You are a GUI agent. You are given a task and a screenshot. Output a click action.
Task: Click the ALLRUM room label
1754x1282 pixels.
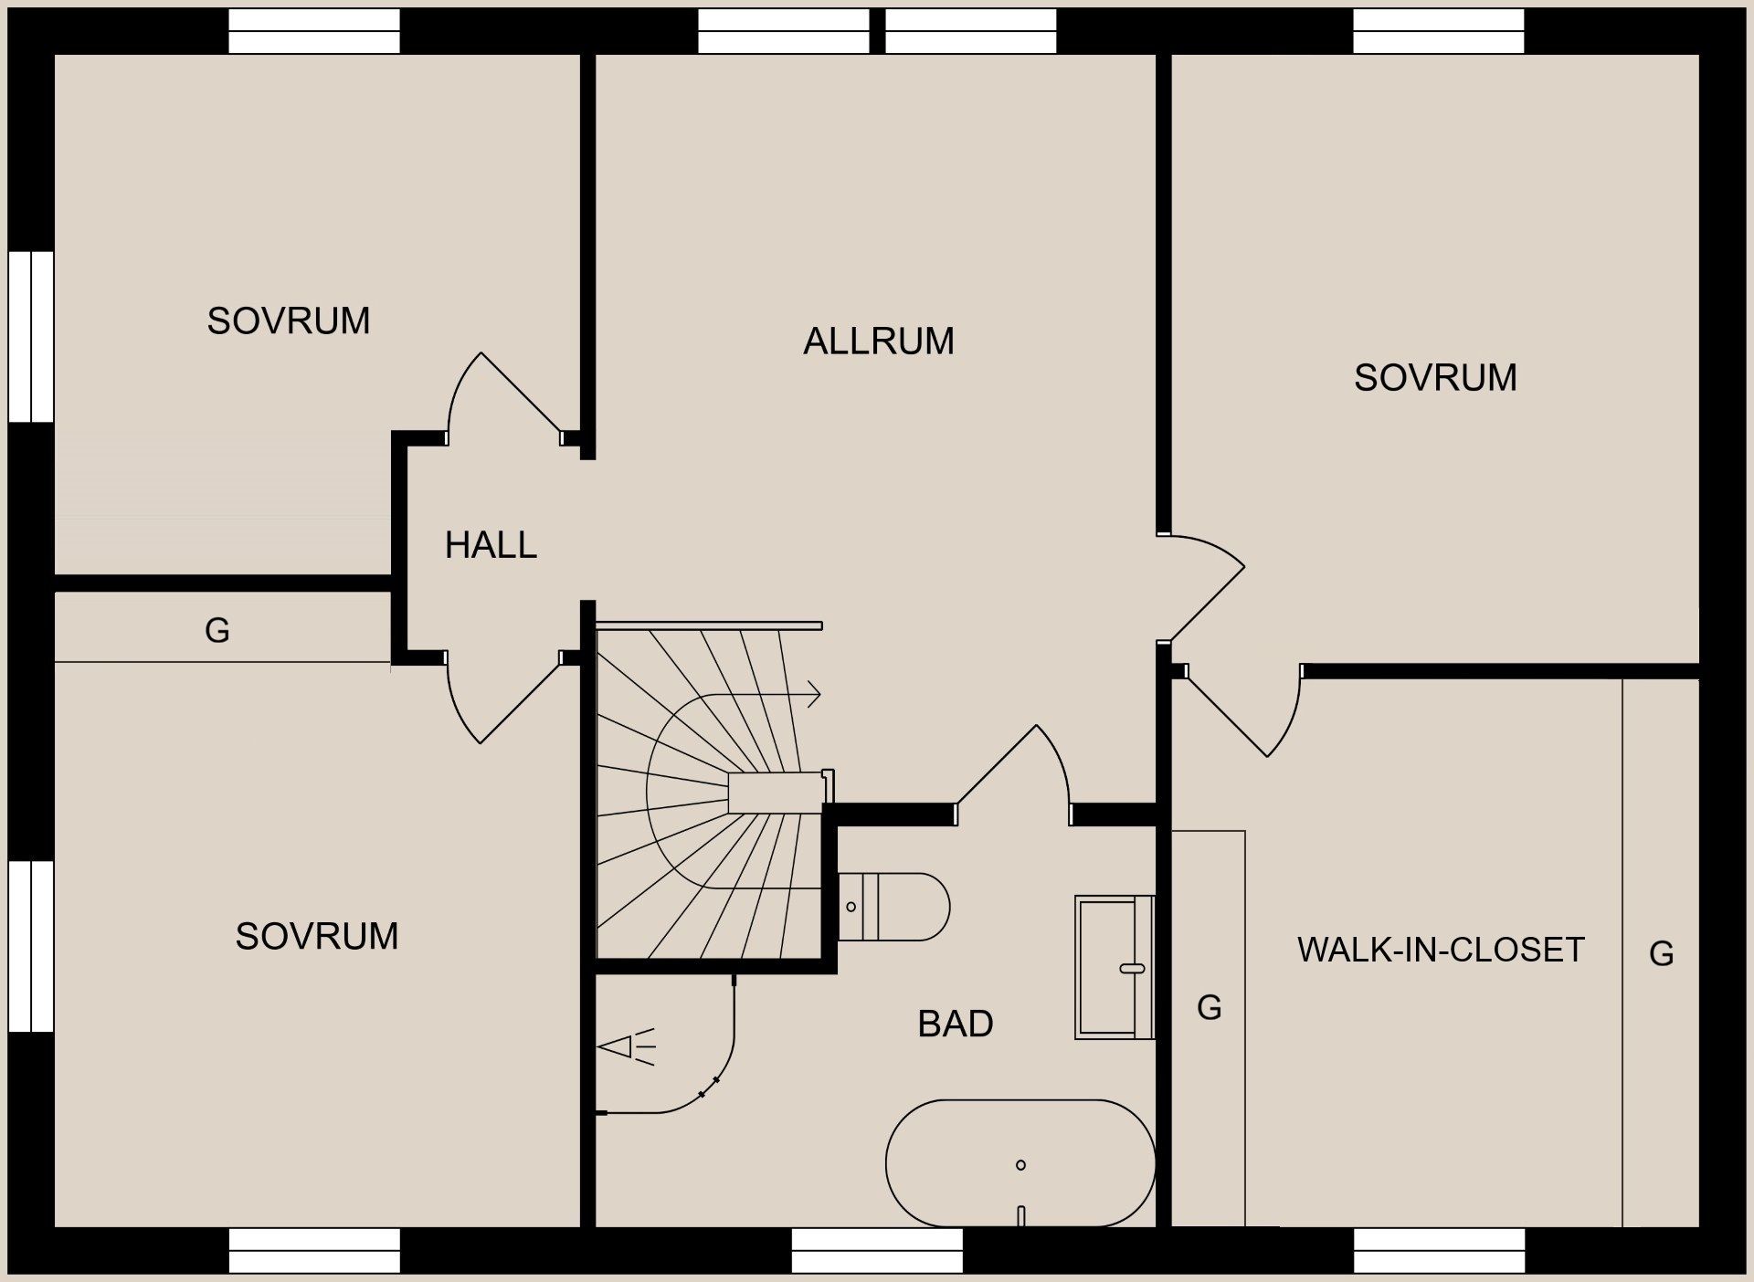pyautogui.click(x=879, y=342)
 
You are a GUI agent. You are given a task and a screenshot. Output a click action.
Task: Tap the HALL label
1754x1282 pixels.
pyautogui.click(x=491, y=545)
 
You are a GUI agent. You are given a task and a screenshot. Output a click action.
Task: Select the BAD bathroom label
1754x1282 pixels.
pyautogui.click(x=956, y=1024)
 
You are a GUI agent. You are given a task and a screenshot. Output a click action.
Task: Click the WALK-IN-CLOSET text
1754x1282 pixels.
pyautogui.click(x=1441, y=950)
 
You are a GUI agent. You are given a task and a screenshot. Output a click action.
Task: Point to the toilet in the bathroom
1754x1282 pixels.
pyautogui.click(x=895, y=907)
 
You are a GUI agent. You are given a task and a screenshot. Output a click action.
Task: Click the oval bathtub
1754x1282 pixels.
pyautogui.click(x=1020, y=1163)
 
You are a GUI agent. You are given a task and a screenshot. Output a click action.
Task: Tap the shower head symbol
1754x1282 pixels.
pyautogui.click(x=626, y=1046)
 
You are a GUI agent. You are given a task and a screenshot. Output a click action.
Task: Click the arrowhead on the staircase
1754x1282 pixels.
pyautogui.click(x=814, y=695)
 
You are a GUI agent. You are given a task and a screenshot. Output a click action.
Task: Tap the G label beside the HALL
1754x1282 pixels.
pyautogui.click(x=217, y=630)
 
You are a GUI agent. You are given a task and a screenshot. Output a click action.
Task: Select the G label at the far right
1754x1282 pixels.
pyautogui.click(x=1661, y=954)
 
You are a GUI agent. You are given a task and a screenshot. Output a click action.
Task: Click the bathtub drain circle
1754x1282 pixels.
pyautogui.click(x=1020, y=1164)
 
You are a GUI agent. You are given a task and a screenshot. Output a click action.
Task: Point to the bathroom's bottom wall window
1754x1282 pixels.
pyautogui.click(x=877, y=1250)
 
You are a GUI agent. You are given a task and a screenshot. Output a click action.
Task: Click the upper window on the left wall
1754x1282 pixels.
pyautogui.click(x=31, y=336)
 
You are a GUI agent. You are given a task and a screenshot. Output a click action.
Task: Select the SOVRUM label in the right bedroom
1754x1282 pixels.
pyautogui.click(x=1435, y=378)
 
